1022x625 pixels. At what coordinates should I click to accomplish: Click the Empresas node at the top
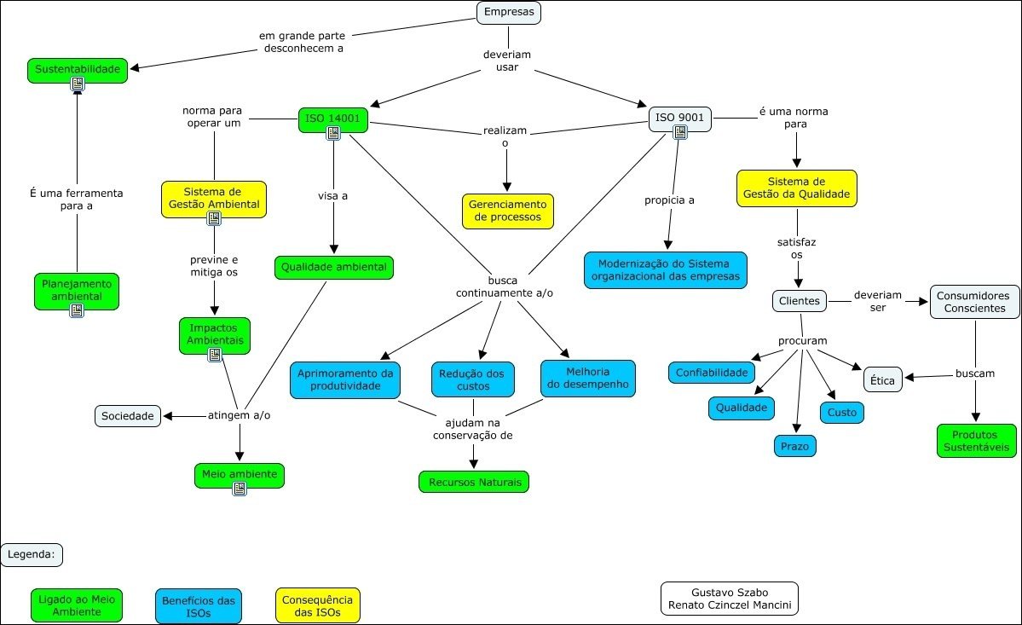pos(509,12)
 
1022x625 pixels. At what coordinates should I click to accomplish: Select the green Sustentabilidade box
pos(77,68)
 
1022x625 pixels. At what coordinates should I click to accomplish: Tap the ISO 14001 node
pos(332,118)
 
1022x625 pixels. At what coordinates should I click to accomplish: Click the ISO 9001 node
pos(679,117)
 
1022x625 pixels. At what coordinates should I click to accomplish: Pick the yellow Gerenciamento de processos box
pos(508,211)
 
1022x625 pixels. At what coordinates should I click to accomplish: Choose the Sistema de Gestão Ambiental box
pos(213,198)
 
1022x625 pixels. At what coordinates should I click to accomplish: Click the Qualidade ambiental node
pos(333,267)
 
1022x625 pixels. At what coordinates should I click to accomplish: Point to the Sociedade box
pos(127,416)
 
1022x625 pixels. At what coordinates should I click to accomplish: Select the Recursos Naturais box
pos(474,482)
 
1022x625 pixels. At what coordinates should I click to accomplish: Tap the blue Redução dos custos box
pos(472,379)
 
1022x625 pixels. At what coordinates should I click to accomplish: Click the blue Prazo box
pos(795,446)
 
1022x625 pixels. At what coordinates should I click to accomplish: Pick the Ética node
pos(882,380)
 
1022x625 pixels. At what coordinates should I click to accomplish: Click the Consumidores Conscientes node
pos(974,302)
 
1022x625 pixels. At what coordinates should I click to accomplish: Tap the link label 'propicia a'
pos(670,200)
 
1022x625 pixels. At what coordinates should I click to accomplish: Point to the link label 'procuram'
pos(802,340)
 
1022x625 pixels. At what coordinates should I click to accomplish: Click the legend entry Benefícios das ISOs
pos(198,605)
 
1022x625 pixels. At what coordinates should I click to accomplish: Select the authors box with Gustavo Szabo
pos(729,599)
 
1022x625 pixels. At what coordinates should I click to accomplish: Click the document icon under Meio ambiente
pos(240,489)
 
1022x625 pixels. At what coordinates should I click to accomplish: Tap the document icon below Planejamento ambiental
pos(77,310)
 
